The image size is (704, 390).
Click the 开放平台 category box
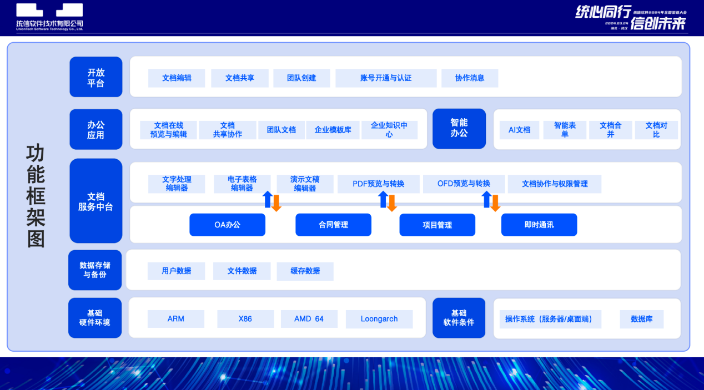(x=95, y=78)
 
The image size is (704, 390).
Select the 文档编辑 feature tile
(x=177, y=78)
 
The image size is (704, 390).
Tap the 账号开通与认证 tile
(x=386, y=78)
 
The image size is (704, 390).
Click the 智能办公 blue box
(x=459, y=128)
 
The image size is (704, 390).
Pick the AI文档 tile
(x=519, y=130)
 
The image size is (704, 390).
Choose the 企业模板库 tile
(x=333, y=130)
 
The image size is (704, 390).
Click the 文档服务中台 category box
(x=95, y=201)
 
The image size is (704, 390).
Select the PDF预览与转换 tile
(x=378, y=184)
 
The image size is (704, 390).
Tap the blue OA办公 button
(x=227, y=225)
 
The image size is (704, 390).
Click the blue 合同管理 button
(x=333, y=225)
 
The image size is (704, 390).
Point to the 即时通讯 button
(x=539, y=225)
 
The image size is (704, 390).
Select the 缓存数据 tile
(x=305, y=271)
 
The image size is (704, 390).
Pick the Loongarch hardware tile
(x=379, y=319)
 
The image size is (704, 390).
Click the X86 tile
(x=245, y=319)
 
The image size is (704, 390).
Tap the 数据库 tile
(x=641, y=319)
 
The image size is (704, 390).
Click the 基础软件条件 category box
(x=459, y=318)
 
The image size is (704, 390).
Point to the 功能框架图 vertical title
(x=36, y=196)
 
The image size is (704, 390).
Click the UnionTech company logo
(x=49, y=17)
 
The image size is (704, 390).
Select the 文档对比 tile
(x=656, y=130)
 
